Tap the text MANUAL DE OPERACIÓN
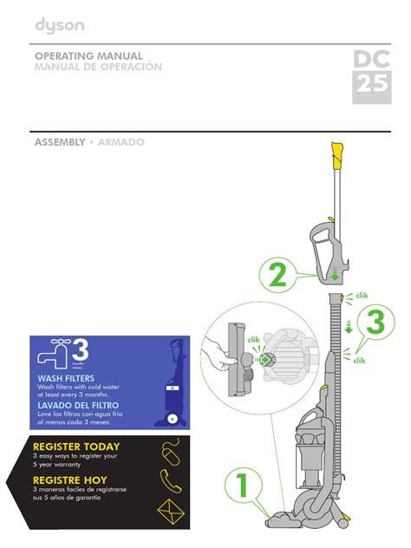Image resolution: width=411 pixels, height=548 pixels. coord(98,68)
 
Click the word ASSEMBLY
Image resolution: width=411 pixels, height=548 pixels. coord(59,141)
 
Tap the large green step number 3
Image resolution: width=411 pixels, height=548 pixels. coord(374,323)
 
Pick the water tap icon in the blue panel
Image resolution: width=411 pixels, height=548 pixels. coord(54,353)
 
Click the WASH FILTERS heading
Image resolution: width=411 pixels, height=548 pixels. coord(66,379)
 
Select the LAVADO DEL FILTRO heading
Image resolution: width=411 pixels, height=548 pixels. coord(78,405)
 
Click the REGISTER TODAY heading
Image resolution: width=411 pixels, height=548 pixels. coord(76,447)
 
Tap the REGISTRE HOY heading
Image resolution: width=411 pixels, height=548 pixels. coord(72,479)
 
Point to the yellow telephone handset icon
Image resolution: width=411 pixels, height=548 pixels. coord(169,480)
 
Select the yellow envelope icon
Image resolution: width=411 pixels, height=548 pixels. coord(168,512)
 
